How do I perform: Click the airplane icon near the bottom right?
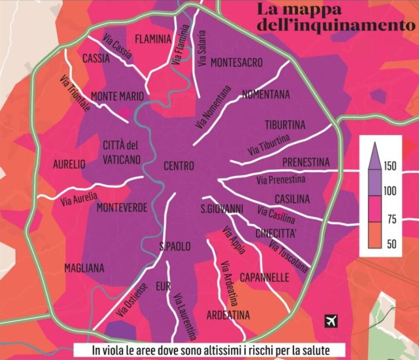[x=331, y=321]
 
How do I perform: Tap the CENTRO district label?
[x=179, y=166]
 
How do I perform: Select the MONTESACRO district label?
[x=236, y=63]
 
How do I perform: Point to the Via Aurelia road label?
[x=79, y=199]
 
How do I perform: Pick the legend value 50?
[x=391, y=244]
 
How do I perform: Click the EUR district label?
[x=163, y=286]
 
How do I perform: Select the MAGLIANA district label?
[x=84, y=268]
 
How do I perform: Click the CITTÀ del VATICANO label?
[x=122, y=152]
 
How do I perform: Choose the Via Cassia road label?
[x=117, y=47]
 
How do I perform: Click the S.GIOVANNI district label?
[x=222, y=209]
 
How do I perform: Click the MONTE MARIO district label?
[x=117, y=96]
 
